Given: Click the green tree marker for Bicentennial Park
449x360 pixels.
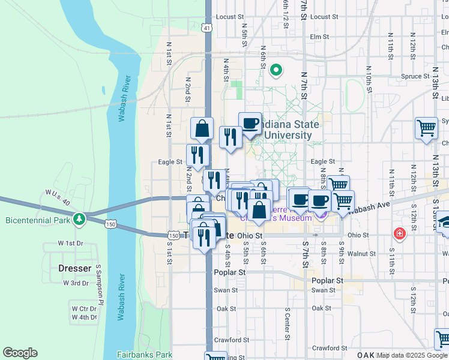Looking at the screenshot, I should pyautogui.click(x=78, y=218).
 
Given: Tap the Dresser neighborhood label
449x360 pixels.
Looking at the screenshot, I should pyautogui.click(x=74, y=268).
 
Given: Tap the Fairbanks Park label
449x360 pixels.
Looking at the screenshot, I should pyautogui.click(x=145, y=355).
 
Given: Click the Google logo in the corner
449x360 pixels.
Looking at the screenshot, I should pyautogui.click(x=20, y=353).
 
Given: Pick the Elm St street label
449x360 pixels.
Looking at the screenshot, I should pyautogui.click(x=319, y=37).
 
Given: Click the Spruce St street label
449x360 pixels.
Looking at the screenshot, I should pyautogui.click(x=415, y=76).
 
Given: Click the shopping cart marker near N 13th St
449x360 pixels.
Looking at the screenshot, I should pyautogui.click(x=426, y=127).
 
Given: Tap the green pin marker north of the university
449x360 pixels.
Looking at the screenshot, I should pyautogui.click(x=276, y=70).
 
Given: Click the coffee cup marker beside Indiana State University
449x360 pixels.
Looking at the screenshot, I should pyautogui.click(x=250, y=124).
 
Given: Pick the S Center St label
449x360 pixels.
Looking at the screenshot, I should pyautogui.click(x=288, y=324).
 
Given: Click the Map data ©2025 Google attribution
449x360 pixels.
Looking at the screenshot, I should pyautogui.click(x=412, y=355).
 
